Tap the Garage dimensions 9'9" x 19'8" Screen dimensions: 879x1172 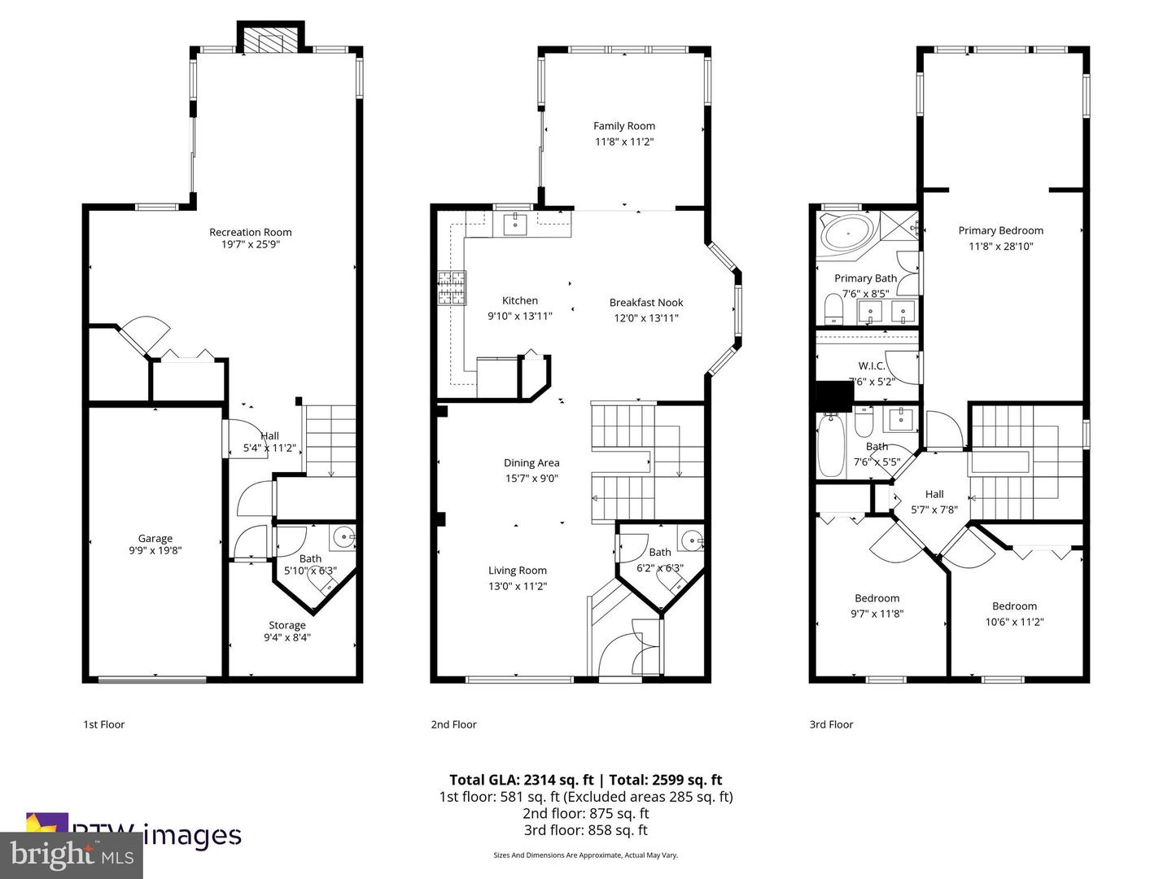tap(155, 550)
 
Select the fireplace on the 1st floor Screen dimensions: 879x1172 tap(269, 42)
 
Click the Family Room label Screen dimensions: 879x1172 tap(623, 126)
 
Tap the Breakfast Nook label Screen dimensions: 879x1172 tap(646, 303)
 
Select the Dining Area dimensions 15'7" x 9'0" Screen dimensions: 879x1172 tap(531, 479)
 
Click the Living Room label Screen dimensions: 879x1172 tap(517, 571)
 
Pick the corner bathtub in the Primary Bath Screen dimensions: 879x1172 tap(846, 233)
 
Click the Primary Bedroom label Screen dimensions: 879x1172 tap(1000, 230)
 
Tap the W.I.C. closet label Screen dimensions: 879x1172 tap(871, 366)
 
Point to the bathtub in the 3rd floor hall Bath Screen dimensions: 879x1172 tap(830, 446)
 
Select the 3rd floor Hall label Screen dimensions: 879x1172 tap(934, 494)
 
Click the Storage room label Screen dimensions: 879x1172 tap(286, 625)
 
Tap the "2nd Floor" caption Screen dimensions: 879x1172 tap(453, 724)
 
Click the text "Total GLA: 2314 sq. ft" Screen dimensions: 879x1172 tap(522, 780)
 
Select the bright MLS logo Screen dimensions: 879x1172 tap(72, 855)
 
